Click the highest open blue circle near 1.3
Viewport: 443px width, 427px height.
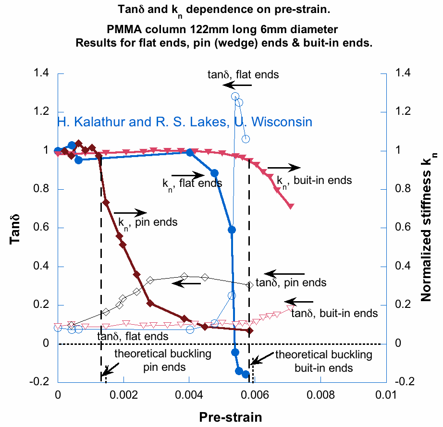tap(235, 96)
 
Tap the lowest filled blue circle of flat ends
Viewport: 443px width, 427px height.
tap(246, 374)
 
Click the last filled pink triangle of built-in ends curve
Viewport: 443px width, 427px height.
tap(291, 207)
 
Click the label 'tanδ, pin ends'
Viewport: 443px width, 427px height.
tap(291, 283)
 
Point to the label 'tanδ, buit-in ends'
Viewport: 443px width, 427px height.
tap(334, 314)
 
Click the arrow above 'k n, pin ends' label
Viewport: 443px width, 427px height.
tap(130, 212)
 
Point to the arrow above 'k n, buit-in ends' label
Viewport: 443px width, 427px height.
tap(284, 168)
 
